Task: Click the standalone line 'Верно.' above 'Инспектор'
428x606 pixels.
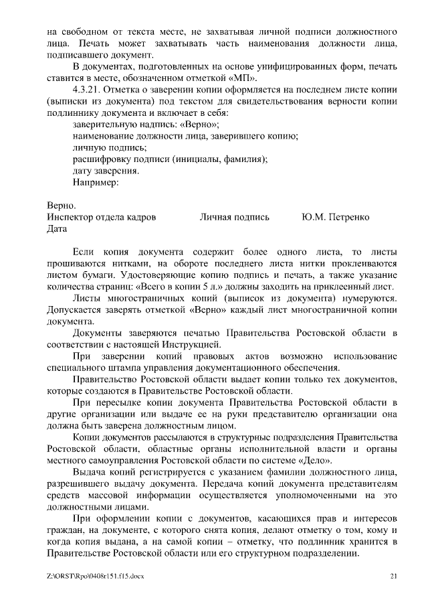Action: [x=62, y=206]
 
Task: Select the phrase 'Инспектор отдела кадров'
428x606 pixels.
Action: [x=102, y=217]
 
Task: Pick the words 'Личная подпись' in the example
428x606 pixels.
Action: [x=234, y=217]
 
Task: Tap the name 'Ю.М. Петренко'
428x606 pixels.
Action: [x=335, y=217]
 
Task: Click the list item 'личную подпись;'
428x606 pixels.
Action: [x=100, y=147]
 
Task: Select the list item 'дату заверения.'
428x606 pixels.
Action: [x=106, y=170]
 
